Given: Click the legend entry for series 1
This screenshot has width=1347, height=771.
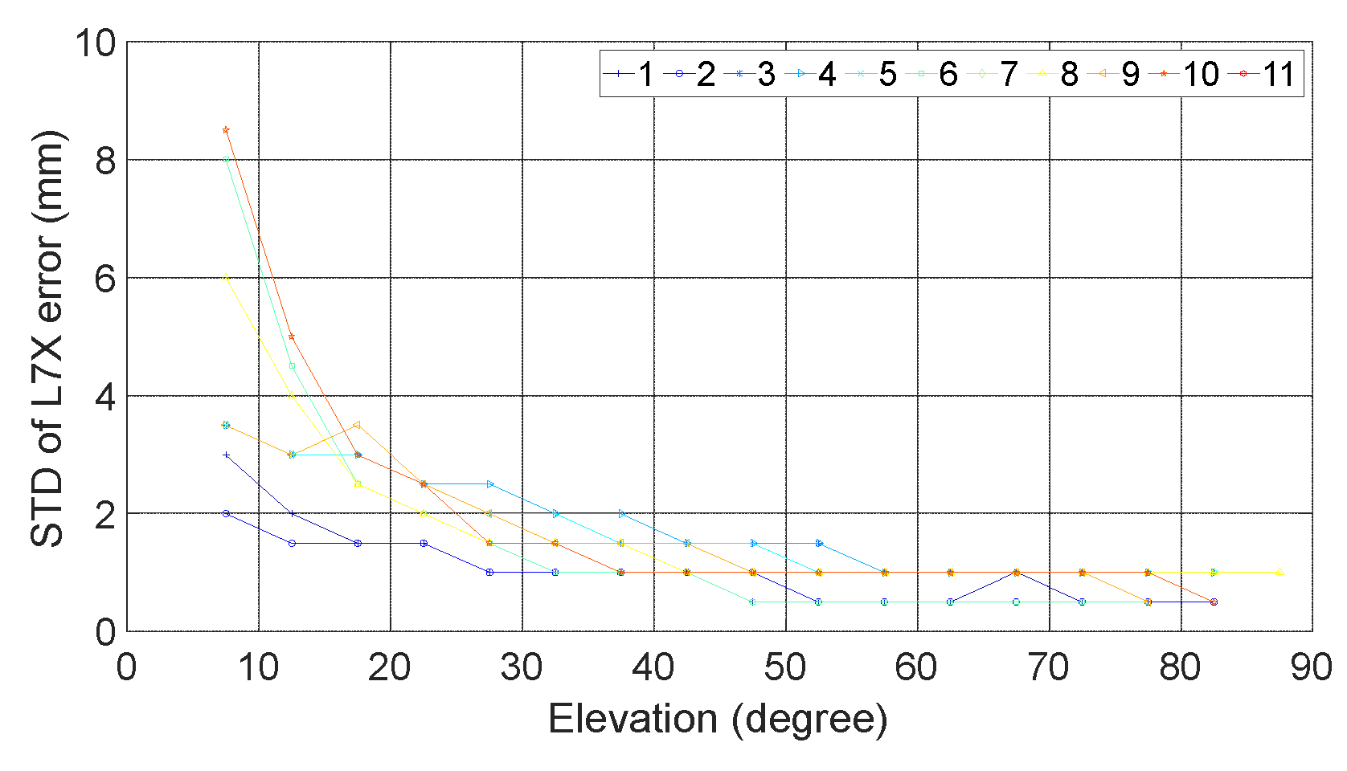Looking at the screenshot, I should pos(630,74).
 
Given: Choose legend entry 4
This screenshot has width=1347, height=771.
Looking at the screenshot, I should pos(813,74).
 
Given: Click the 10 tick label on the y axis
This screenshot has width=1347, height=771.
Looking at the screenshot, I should pos(96,43).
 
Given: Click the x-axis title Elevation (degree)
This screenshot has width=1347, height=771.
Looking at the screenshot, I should pos(717,719).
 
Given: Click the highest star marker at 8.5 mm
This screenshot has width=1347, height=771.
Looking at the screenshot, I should pos(226,130).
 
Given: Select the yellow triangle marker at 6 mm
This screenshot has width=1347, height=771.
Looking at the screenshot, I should pos(226,278).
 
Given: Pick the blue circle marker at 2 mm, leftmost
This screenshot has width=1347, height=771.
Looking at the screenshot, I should pos(226,513).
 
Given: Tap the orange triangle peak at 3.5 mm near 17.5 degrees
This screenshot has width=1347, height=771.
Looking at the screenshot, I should pos(358,425).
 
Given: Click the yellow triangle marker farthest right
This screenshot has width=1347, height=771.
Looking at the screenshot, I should pos(1279,572).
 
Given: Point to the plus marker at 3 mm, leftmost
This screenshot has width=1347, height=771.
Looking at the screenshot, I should pos(226,455).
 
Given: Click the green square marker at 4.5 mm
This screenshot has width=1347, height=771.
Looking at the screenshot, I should pos(292,366).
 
